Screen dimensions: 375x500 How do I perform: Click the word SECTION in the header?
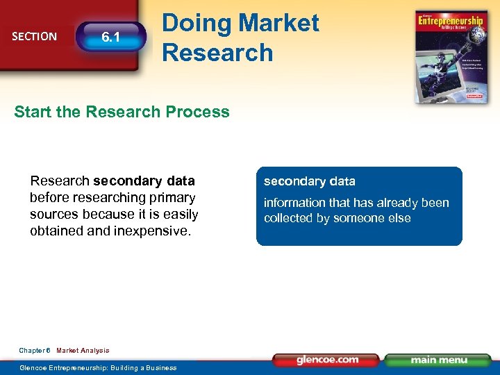point(35,36)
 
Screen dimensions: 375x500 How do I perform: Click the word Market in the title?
point(277,23)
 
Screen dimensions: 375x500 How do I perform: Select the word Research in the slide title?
point(217,52)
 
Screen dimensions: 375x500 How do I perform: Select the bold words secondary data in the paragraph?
point(144,181)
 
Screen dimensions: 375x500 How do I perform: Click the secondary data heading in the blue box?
point(309,181)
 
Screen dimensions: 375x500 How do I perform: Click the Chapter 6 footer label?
point(34,351)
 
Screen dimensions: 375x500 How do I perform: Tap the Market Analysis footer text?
point(83,351)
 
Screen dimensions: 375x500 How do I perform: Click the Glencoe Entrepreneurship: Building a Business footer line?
point(98,367)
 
